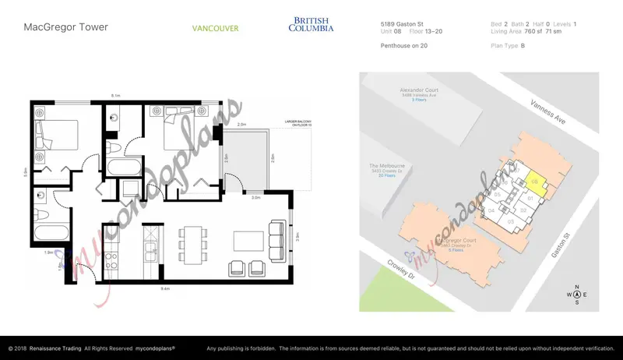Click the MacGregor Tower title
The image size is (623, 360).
point(65,27)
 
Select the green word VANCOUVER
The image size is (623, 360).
point(215,29)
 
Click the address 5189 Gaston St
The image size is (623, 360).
point(398,24)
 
